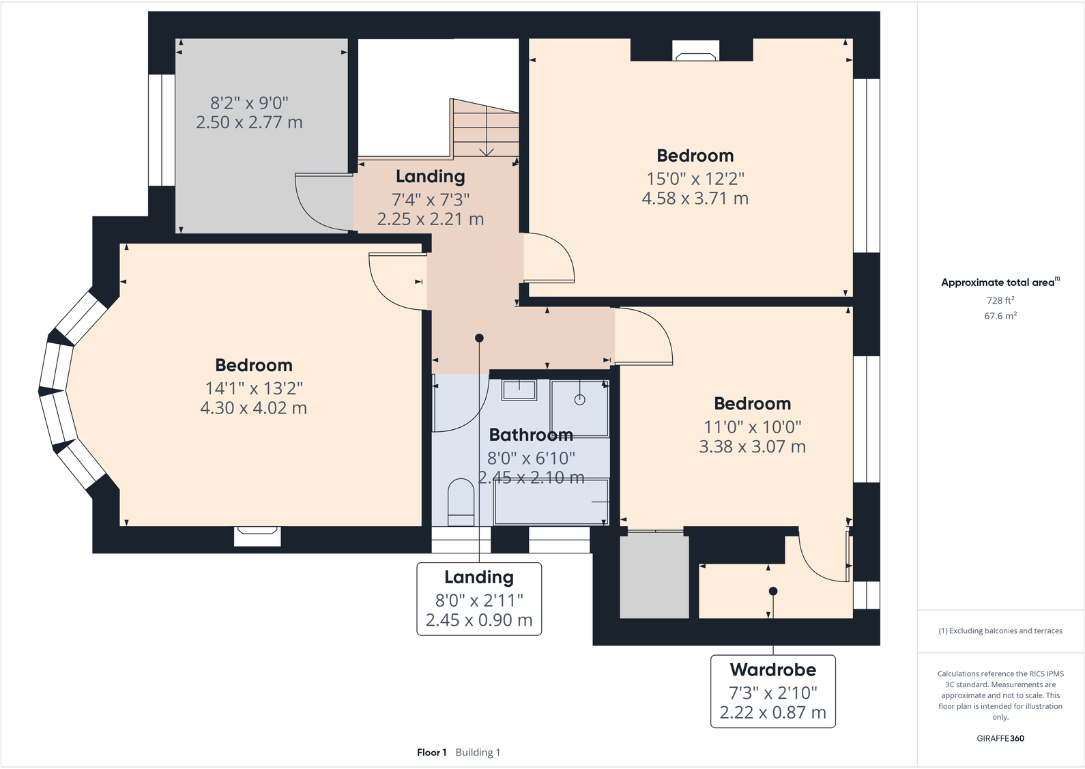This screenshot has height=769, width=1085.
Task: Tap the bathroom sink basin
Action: click(519, 390)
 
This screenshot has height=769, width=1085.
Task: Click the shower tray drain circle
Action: click(579, 400)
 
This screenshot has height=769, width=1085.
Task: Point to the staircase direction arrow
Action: click(487, 151)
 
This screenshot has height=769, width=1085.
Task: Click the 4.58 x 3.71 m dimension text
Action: click(695, 199)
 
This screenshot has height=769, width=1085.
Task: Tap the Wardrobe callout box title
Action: click(772, 669)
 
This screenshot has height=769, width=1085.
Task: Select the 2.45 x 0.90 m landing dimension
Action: click(478, 620)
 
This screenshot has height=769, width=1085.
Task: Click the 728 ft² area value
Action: click(1000, 300)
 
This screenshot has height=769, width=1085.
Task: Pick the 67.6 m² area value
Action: click(1000, 316)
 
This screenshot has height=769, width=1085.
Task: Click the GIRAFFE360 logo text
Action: click(1000, 738)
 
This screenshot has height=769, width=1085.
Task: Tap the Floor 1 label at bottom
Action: click(431, 753)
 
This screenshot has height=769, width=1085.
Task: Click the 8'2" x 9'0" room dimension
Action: click(249, 103)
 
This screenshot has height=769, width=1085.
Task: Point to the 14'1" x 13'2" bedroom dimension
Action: click(254, 388)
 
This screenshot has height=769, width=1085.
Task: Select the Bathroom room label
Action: click(531, 435)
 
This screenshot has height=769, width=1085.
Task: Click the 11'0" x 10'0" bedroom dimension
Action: click(752, 427)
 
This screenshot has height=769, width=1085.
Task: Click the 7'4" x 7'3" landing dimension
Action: click(430, 200)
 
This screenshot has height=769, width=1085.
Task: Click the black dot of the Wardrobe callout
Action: click(772, 591)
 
